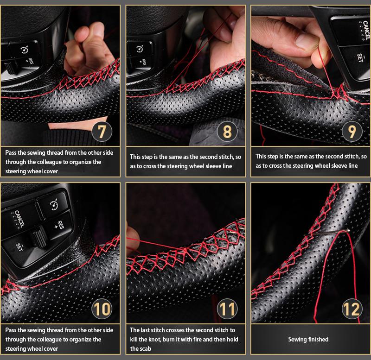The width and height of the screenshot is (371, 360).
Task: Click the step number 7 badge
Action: click(x=103, y=131)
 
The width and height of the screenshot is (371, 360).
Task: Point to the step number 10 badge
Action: click(x=103, y=308)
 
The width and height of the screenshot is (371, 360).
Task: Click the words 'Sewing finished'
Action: click(x=308, y=340)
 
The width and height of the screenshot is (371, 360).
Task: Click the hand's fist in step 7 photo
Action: click(x=88, y=53)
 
